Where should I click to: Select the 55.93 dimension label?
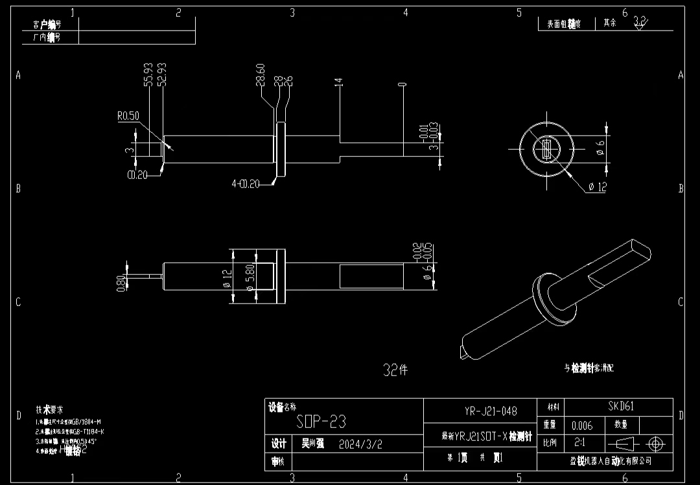(148, 75)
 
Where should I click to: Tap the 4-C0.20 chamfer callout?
(247, 184)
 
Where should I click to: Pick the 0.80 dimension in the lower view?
(121, 284)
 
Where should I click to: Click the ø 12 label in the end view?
(596, 187)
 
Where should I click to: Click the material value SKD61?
(620, 407)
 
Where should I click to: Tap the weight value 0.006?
(581, 426)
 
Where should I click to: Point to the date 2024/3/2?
(360, 445)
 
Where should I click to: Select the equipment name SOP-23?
(321, 423)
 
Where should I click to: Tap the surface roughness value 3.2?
(639, 21)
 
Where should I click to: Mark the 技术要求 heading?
(49, 410)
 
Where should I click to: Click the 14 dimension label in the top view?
(338, 82)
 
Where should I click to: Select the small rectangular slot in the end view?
(546, 149)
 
